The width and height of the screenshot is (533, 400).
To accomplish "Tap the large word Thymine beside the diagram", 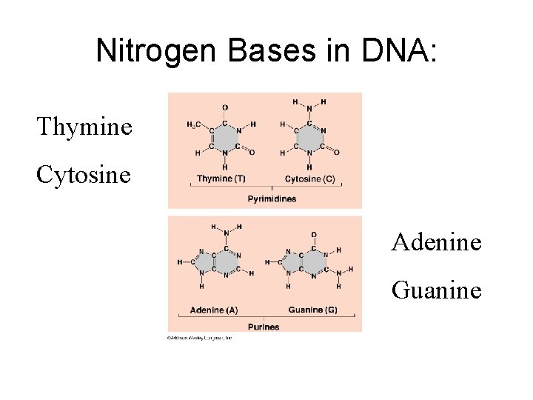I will [x=84, y=127].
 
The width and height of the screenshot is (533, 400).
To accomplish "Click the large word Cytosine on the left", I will [x=84, y=175].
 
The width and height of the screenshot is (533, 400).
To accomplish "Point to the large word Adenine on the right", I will [x=437, y=241].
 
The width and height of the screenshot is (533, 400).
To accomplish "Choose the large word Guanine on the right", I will [x=437, y=290].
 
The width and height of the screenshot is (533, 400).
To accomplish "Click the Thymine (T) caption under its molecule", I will [x=221, y=179].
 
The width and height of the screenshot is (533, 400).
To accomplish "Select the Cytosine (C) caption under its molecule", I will [x=309, y=179].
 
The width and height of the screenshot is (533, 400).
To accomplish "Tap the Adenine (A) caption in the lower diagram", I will [x=213, y=310].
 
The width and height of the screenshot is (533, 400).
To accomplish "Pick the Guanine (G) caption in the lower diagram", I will [x=312, y=310].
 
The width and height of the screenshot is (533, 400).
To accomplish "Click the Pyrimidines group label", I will [x=272, y=199].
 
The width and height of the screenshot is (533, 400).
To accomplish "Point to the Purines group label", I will [x=264, y=327].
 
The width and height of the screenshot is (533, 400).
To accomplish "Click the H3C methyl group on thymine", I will [x=193, y=124].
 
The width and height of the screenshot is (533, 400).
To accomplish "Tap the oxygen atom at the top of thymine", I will [x=225, y=107].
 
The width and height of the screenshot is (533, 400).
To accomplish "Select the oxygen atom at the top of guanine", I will [x=313, y=235].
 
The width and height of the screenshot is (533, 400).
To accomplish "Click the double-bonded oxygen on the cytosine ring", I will [x=337, y=153].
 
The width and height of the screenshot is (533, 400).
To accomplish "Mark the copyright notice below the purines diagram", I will [x=200, y=337].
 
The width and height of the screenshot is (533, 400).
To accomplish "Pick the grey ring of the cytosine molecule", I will [x=309, y=139].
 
